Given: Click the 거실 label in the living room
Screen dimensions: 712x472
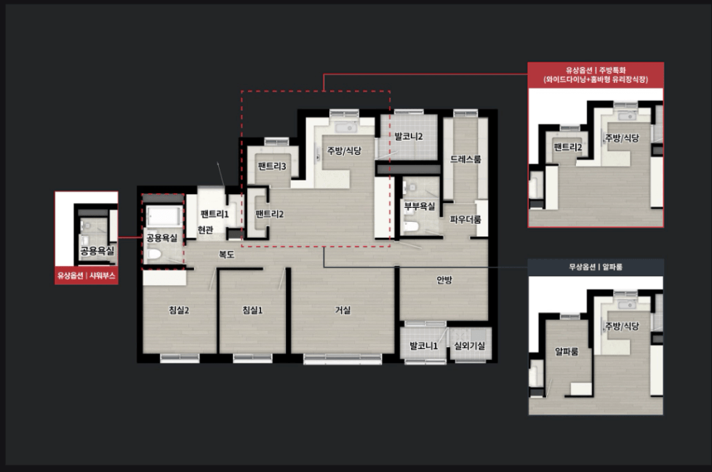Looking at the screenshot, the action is [343, 310].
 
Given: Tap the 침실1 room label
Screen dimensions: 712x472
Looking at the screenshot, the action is [252, 310].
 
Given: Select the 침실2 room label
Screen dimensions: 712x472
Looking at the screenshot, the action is [179, 310].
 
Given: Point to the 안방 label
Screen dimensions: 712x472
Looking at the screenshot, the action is [444, 280].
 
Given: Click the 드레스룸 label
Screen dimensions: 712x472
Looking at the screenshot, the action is [465, 159].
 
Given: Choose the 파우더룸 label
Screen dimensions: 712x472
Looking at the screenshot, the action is [465, 220].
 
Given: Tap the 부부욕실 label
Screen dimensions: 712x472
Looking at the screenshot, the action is [420, 207].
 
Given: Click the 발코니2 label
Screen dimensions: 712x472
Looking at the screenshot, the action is [409, 136].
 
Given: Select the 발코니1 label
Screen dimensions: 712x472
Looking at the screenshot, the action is [424, 345].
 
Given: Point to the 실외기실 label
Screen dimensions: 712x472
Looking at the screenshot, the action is [470, 345].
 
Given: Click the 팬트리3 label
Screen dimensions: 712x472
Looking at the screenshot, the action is [272, 167].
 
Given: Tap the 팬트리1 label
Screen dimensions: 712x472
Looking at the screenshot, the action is [215, 214].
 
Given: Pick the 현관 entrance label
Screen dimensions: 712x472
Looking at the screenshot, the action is [206, 230].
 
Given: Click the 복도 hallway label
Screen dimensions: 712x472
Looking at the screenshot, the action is [227, 255].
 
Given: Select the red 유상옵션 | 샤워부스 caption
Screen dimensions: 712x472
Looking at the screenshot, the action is [87, 276].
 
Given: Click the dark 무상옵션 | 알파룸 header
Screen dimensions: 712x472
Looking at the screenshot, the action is [596, 267].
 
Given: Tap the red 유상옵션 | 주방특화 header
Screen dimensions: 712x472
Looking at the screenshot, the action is [596, 75].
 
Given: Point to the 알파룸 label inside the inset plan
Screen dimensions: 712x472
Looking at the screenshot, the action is [567, 351].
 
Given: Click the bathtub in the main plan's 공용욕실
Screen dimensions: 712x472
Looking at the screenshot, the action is [164, 216].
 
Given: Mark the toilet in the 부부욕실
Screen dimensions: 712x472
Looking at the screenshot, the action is [410, 225].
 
